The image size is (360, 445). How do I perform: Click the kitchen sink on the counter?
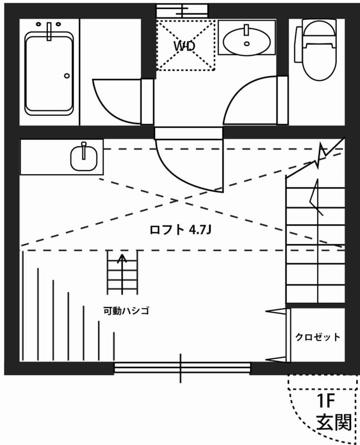coord(84,157)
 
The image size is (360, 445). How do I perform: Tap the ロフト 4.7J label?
coord(181,229)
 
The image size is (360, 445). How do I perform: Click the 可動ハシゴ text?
coord(126,310)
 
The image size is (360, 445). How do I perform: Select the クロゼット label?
coord(317,337)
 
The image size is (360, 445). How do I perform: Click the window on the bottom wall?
coord(181,368)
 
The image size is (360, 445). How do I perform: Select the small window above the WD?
coord(182,11)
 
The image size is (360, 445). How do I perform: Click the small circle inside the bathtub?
coord(67,76)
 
